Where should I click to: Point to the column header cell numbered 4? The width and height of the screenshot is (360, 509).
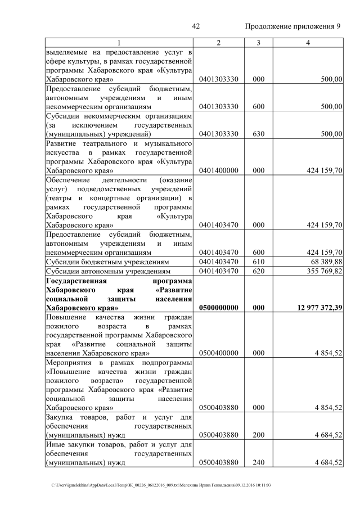click(309, 43)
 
